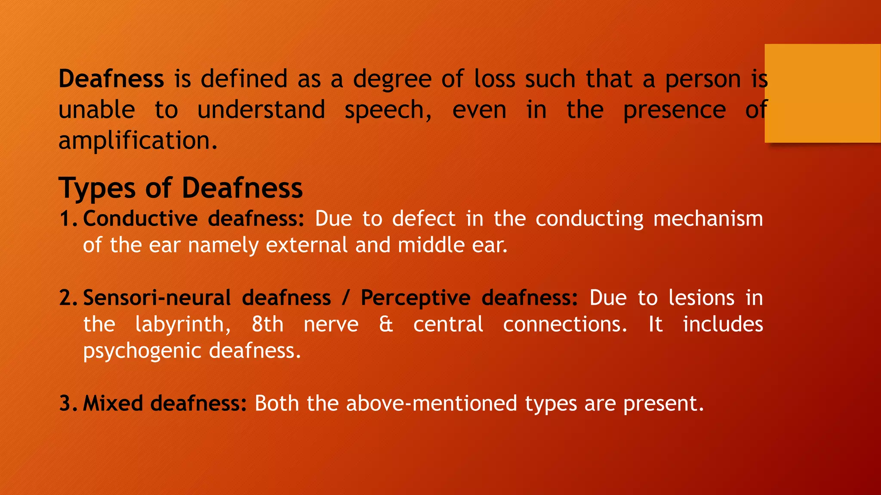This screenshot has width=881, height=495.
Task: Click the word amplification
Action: pos(138,141)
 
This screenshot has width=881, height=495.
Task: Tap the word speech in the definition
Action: pos(388,110)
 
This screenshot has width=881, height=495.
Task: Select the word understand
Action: pos(261,110)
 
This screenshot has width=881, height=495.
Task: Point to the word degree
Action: pos(392,80)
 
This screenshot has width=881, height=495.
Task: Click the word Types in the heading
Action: pos(98,188)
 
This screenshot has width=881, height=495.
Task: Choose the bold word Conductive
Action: pos(140,219)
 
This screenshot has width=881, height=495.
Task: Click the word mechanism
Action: pos(708,219)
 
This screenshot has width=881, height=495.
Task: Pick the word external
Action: pos(306,245)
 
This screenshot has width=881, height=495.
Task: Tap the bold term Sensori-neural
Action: pos(157,298)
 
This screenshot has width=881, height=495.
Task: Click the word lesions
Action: pos(701,298)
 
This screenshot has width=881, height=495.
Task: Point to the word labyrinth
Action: pos(183,325)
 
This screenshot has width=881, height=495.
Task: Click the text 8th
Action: pos(268,324)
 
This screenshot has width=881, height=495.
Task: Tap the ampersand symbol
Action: pos(386,324)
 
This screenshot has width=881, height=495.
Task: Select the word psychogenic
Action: pos(142,351)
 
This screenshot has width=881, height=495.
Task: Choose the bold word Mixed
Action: pos(113,403)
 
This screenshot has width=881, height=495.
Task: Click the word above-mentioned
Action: pos(431,403)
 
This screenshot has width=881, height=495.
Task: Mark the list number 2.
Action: pos(68,298)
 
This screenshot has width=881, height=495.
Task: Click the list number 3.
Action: pos(68,403)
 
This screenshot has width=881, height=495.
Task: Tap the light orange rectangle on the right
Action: pos(822,93)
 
